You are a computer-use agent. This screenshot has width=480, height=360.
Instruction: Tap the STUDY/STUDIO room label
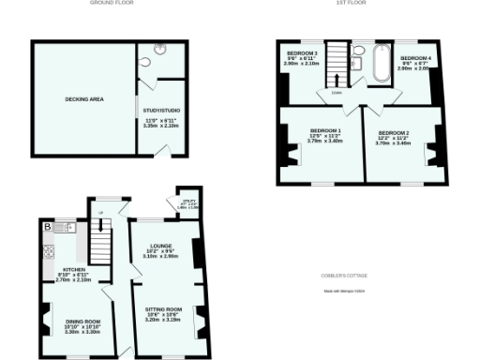(161, 111)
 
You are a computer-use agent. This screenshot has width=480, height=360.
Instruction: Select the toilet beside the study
(143, 63)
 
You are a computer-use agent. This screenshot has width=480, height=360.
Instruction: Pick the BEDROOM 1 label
(326, 130)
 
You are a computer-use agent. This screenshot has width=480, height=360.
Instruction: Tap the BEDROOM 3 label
(302, 52)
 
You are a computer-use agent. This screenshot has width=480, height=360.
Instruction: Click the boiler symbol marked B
(46, 226)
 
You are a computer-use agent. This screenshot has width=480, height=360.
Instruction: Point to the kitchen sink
(65, 227)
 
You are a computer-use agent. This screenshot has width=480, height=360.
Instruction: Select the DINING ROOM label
(82, 321)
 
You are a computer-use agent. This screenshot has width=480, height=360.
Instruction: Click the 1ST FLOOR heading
(351, 3)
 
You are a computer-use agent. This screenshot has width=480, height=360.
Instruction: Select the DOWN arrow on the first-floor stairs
(334, 92)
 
